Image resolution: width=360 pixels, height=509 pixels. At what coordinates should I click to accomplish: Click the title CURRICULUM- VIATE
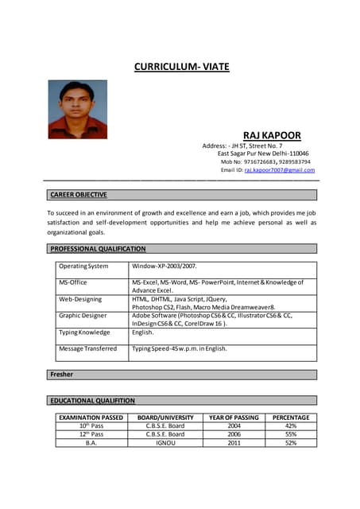coord(181,67)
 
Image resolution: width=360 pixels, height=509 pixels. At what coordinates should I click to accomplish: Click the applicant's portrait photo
coord(77,110)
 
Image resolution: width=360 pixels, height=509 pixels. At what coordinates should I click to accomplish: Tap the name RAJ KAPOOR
coord(271,135)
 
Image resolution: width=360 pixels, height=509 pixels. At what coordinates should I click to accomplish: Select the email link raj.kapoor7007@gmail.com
coord(280,170)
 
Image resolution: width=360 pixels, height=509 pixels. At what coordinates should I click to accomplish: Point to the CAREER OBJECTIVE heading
coord(78,194)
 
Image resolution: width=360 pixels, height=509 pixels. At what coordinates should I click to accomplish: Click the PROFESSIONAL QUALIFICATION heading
coord(98,249)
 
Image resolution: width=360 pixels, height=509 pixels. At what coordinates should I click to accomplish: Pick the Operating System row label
coord(83,266)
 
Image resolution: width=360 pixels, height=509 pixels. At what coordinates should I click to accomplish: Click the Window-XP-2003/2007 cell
coord(164,266)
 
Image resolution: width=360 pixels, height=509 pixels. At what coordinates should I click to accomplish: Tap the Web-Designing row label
coord(81,299)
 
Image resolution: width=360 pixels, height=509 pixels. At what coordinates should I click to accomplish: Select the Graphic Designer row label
coord(83,316)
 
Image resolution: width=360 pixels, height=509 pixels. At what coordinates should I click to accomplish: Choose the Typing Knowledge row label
coord(84,332)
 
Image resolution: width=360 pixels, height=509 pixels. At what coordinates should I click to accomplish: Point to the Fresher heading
coord(61,374)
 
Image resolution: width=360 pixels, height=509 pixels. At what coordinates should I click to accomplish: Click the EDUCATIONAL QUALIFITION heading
coord(92,401)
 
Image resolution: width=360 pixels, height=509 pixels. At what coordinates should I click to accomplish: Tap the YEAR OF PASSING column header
coord(234,418)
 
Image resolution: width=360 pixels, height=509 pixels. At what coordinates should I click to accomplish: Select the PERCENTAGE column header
coord(291,418)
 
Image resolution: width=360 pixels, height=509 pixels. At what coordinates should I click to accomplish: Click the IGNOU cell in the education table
coord(165,443)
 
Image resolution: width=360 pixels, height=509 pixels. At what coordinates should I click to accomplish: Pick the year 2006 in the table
coord(234,434)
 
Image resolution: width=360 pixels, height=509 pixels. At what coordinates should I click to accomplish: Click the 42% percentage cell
coord(291,426)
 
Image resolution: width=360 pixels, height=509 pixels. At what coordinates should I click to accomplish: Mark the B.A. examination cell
coord(91,443)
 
